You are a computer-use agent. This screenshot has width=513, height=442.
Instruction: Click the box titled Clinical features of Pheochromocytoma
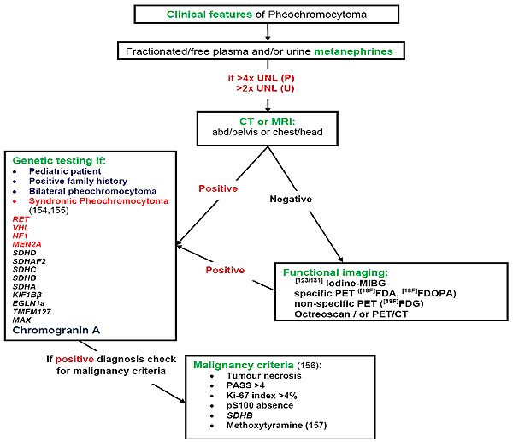click(268, 15)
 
